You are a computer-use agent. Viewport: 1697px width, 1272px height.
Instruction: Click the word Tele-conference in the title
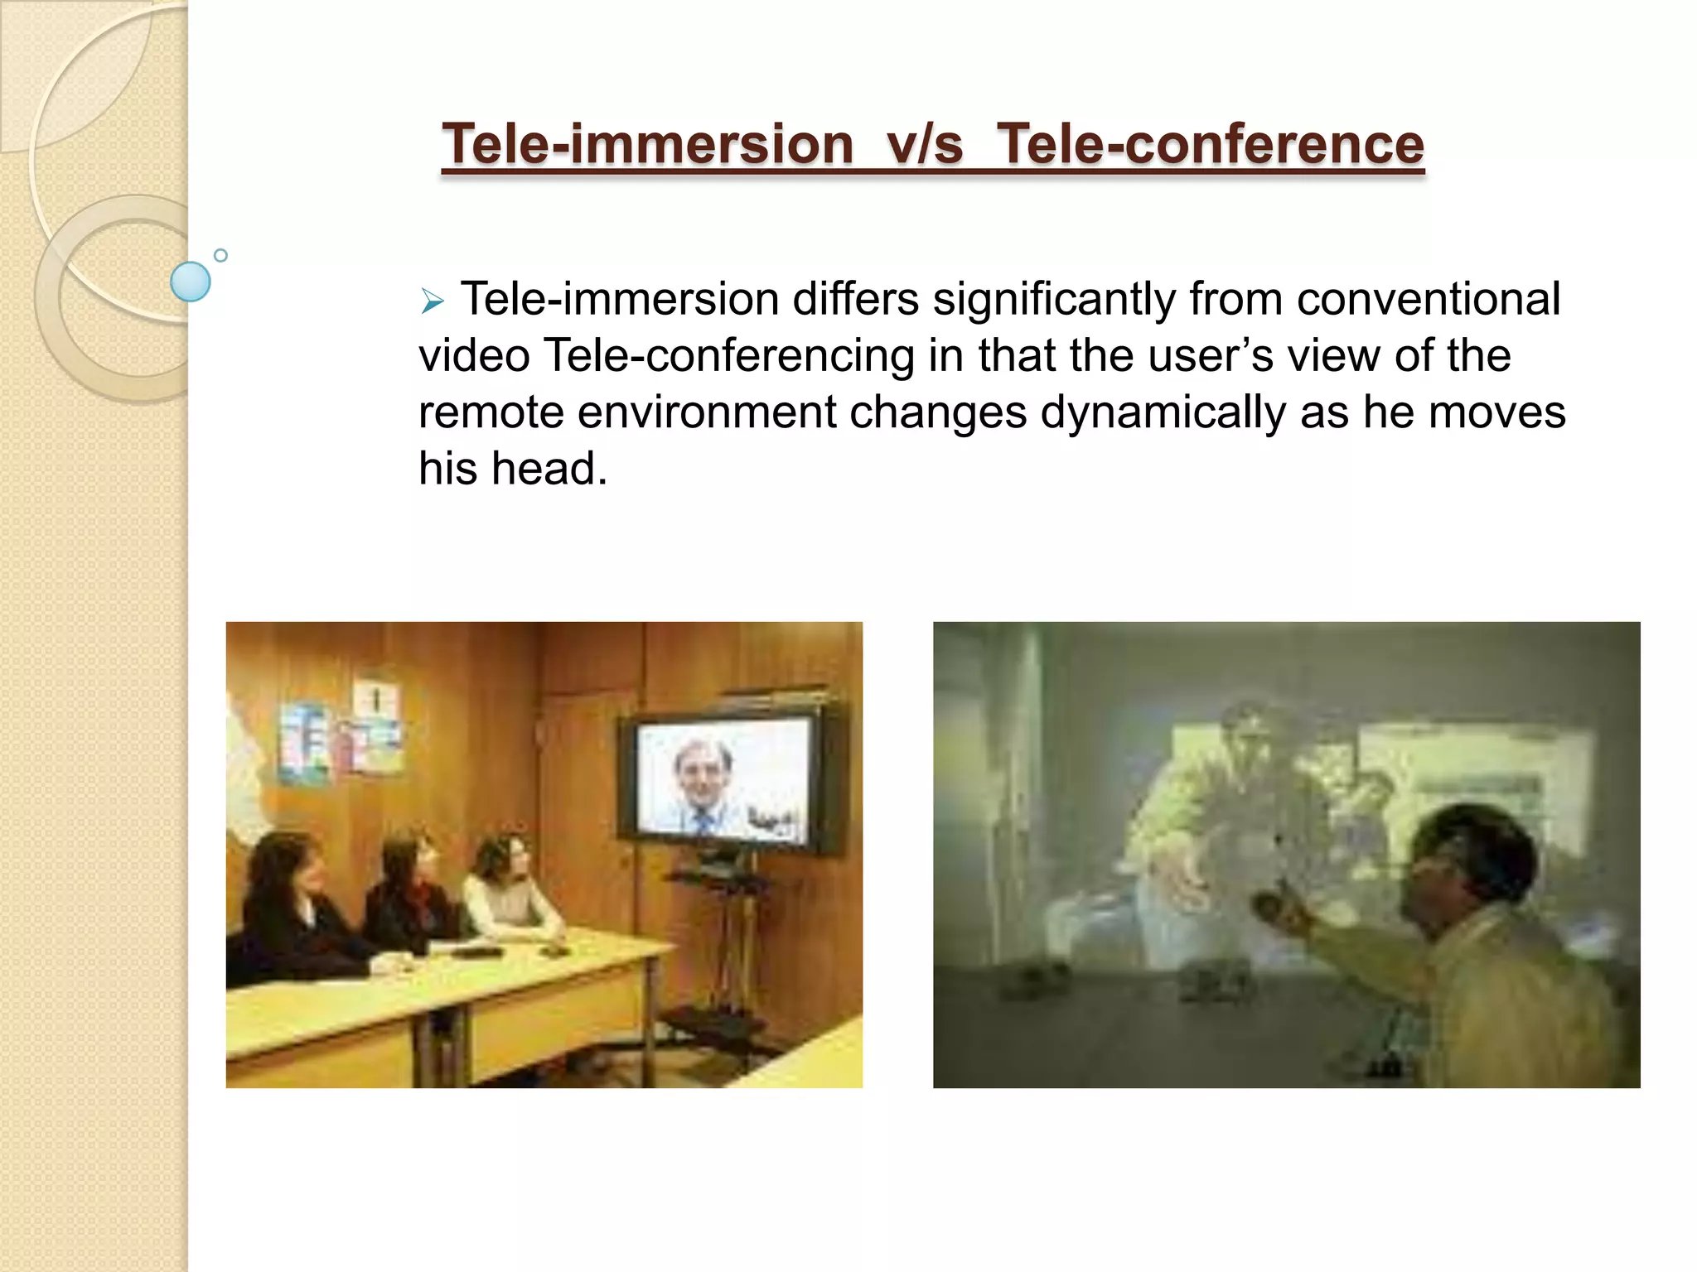[1210, 143]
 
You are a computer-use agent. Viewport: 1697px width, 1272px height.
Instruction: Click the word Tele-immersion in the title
[647, 143]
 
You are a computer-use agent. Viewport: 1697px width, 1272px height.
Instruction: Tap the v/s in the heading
[925, 143]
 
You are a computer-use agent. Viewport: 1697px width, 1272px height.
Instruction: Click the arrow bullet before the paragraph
[432, 301]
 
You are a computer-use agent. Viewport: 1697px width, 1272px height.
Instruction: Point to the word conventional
[1428, 299]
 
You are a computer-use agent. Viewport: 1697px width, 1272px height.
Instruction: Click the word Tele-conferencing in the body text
[729, 355]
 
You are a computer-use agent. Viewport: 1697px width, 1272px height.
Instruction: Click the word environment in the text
[707, 412]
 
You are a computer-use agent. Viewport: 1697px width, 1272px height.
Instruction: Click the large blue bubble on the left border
[190, 282]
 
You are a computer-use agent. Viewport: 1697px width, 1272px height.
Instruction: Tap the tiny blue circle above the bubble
[220, 255]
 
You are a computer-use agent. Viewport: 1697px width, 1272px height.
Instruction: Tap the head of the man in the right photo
[1471, 853]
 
